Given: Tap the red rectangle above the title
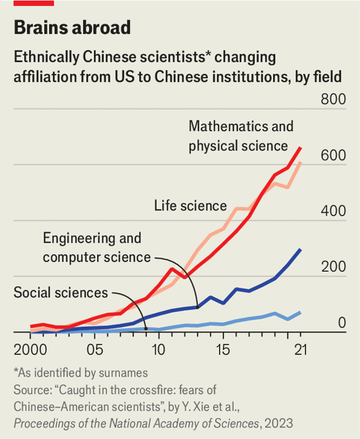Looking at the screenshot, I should (x=34, y=3).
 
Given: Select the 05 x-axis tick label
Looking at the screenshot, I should (x=94, y=349).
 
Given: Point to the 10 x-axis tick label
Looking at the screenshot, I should (x=158, y=349).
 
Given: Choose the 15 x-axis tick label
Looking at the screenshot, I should (x=223, y=349).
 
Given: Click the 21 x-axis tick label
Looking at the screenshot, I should (x=299, y=349).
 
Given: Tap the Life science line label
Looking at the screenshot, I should (x=190, y=206).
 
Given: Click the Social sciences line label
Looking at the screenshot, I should (x=61, y=293).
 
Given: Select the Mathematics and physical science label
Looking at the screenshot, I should (x=241, y=136).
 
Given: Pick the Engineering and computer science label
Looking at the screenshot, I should (x=96, y=247).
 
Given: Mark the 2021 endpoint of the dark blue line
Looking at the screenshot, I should (x=300, y=249).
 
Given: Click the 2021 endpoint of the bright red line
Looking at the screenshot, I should (x=301, y=148).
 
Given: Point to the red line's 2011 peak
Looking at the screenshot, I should (x=172, y=268).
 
